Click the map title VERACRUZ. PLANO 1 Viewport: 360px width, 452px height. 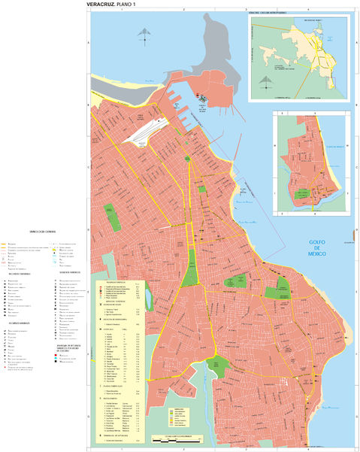pyautogui.click(x=116, y=5)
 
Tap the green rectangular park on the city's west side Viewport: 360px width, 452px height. pyautogui.click(x=113, y=217)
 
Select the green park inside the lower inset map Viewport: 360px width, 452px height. pyautogui.click(x=304, y=192)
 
